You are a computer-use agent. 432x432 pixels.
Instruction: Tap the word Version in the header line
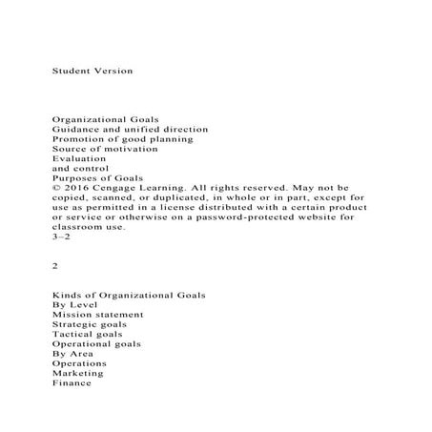(x=113, y=72)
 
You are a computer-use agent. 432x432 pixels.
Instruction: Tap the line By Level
(x=75, y=314)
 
